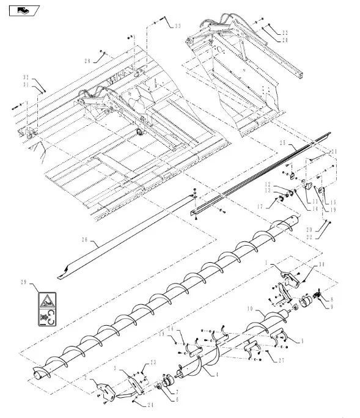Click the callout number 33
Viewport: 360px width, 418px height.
tap(177, 26)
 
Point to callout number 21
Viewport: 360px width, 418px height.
tap(334, 152)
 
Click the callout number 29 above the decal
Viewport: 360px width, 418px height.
tap(24, 281)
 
